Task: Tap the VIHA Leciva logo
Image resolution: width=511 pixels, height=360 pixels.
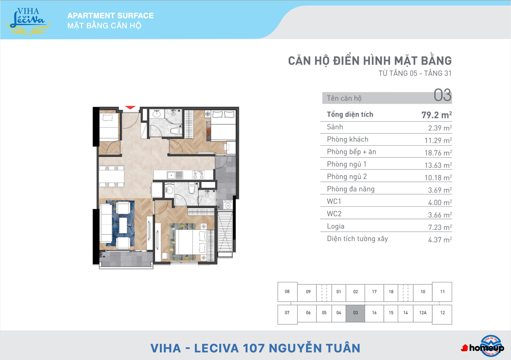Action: pyautogui.click(x=28, y=22)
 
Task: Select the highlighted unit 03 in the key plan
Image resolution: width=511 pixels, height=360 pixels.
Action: pyautogui.click(x=355, y=313)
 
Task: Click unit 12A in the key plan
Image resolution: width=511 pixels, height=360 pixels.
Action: pyautogui.click(x=423, y=313)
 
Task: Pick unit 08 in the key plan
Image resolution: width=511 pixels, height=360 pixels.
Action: pyautogui.click(x=287, y=291)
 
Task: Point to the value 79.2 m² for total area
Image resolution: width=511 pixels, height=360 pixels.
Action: pyautogui.click(x=436, y=115)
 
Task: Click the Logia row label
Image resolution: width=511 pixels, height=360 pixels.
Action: pyautogui.click(x=335, y=226)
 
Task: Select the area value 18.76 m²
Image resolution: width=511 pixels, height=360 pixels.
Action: pyautogui.click(x=438, y=153)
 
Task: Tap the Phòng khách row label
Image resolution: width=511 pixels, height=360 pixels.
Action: pyautogui.click(x=347, y=139)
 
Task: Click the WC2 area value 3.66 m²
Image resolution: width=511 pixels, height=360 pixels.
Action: pyautogui.click(x=440, y=215)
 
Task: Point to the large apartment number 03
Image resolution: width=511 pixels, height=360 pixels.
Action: pyautogui.click(x=442, y=95)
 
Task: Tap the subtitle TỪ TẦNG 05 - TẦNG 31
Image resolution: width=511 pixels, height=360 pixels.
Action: pyautogui.click(x=415, y=73)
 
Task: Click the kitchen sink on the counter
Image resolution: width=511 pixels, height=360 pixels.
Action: pyautogui.click(x=175, y=175)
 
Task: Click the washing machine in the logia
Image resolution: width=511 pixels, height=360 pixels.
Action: pyautogui.click(x=227, y=205)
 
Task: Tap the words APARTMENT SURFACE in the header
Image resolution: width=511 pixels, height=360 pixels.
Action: pyautogui.click(x=111, y=16)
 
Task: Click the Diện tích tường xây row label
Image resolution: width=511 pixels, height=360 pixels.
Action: pyautogui.click(x=357, y=239)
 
